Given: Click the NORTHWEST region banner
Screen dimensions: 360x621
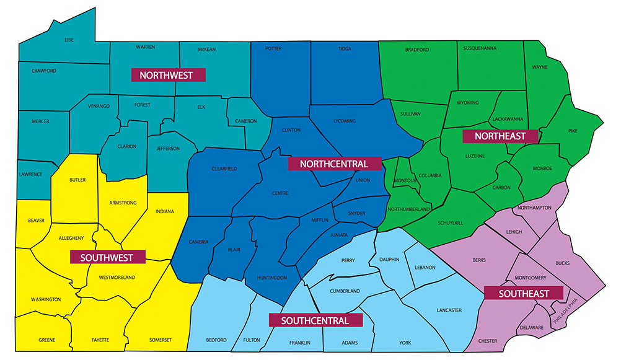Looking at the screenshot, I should click(x=168, y=75).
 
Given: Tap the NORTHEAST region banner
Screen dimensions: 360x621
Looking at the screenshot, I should click(x=500, y=136).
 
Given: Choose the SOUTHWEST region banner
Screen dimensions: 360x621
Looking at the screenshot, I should click(x=107, y=257).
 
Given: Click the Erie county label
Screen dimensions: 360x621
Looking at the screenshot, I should click(x=69, y=40).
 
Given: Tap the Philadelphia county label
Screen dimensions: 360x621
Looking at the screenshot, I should click(x=570, y=311).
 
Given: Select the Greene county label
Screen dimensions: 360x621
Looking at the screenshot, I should click(x=47, y=340).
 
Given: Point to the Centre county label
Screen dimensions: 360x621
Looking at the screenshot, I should click(x=280, y=193).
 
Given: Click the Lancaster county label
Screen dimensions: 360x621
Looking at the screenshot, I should click(x=449, y=310).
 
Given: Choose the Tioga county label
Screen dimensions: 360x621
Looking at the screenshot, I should click(x=344, y=48).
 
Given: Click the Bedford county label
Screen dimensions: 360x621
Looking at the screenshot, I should click(x=216, y=340).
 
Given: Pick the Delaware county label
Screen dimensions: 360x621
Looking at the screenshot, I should click(x=532, y=327).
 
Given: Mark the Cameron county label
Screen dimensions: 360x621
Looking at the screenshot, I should click(x=246, y=121).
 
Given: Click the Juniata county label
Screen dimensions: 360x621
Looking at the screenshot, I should click(x=339, y=235).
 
